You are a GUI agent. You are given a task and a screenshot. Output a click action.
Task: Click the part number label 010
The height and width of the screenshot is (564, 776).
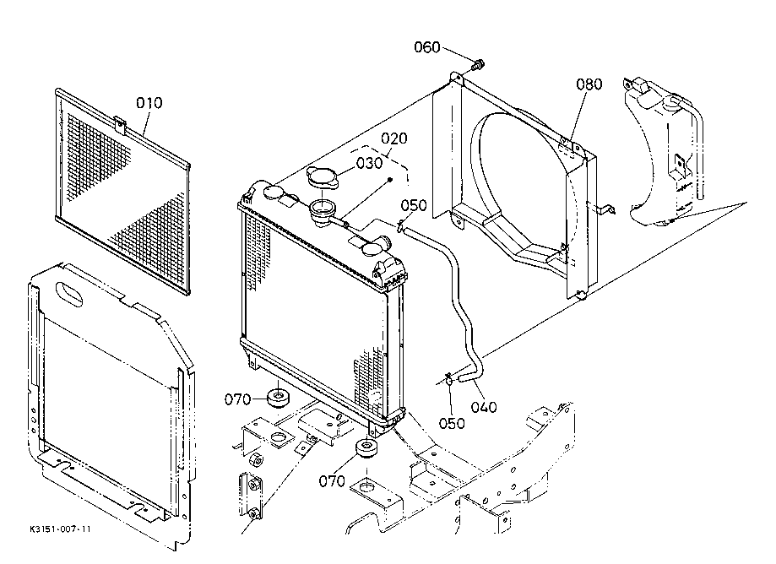pyautogui.click(x=149, y=103)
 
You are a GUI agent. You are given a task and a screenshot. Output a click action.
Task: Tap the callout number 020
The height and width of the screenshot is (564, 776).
pyautogui.click(x=394, y=138)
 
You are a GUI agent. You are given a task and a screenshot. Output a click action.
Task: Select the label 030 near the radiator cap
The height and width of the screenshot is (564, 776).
pyautogui.click(x=369, y=163)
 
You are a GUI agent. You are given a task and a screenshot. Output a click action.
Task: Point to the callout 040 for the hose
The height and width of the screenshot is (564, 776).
pyautogui.click(x=484, y=407)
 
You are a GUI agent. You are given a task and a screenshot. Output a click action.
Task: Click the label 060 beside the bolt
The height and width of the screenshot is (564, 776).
pyautogui.click(x=427, y=47)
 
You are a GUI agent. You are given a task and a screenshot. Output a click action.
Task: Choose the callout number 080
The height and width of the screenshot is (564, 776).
pyautogui.click(x=589, y=84)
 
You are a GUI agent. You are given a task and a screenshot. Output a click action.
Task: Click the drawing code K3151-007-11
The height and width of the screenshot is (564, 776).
pyautogui.click(x=60, y=529)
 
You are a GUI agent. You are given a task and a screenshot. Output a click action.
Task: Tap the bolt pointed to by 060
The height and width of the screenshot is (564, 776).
pyautogui.click(x=478, y=64)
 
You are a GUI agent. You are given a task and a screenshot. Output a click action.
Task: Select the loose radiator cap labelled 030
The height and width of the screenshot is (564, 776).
pyautogui.click(x=323, y=177)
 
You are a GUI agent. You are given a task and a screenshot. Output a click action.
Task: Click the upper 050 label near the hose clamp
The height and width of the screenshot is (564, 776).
pyautogui.click(x=413, y=205)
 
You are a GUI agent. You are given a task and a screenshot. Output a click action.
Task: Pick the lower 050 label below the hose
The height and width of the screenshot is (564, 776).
pyautogui.click(x=452, y=424)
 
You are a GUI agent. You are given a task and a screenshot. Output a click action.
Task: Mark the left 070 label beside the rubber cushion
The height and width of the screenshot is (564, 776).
pyautogui.click(x=237, y=399)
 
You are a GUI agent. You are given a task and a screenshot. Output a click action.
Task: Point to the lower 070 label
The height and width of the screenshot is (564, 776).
pyautogui.click(x=332, y=481)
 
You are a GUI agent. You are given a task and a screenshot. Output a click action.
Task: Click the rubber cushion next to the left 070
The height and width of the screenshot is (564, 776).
pyautogui.click(x=278, y=398)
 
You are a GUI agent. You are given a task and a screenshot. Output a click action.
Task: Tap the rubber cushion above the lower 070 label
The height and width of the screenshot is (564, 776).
pyautogui.click(x=366, y=449)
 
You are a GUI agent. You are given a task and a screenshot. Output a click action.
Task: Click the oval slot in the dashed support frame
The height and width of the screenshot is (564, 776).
pyautogui.click(x=69, y=294)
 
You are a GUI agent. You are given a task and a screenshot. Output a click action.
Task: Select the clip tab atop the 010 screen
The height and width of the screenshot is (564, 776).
pyautogui.click(x=120, y=125)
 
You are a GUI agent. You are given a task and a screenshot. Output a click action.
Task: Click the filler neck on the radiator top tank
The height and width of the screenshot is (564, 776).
pyautogui.click(x=323, y=213)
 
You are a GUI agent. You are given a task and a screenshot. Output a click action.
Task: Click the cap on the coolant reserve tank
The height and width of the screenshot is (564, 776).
pyautogui.click(x=673, y=105)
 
